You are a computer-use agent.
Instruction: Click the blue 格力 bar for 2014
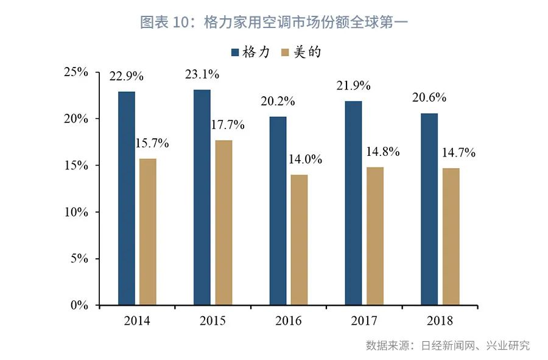[127, 198]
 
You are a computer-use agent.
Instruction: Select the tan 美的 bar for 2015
[223, 222]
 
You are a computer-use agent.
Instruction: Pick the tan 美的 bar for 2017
[375, 236]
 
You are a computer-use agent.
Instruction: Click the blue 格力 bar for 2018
[429, 209]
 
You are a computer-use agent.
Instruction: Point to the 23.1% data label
[202, 75]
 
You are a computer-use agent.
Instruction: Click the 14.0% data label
[306, 160]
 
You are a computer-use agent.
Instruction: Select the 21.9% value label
[354, 86]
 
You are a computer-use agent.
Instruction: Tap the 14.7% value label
[458, 153]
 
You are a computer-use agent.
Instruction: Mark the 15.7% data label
[152, 144]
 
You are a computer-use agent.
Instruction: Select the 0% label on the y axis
[80, 305]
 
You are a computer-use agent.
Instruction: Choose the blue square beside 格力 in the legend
[236, 52]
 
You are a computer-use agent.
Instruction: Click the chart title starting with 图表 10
[273, 23]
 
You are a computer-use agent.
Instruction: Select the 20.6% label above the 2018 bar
[429, 97]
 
